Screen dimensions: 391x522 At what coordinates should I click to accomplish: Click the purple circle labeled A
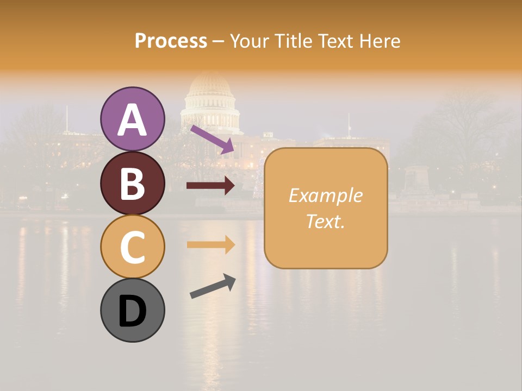coord(132,119)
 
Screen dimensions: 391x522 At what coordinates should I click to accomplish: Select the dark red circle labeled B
coord(132,183)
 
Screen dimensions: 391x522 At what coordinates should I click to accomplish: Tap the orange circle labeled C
coord(132,247)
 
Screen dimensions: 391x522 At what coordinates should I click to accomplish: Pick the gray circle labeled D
coord(132,310)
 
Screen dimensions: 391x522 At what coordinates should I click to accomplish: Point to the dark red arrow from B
coord(210,186)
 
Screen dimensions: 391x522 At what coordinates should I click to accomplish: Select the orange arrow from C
coord(210,244)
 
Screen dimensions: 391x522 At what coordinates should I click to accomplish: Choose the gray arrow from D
coord(213,286)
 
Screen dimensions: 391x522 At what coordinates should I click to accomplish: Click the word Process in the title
coord(171,41)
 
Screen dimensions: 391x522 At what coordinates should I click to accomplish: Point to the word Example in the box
coord(325,195)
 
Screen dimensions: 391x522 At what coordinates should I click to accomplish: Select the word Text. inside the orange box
coord(325,221)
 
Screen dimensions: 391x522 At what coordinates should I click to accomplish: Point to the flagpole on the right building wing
coord(349,124)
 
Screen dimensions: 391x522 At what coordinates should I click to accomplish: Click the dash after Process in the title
coord(219,41)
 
